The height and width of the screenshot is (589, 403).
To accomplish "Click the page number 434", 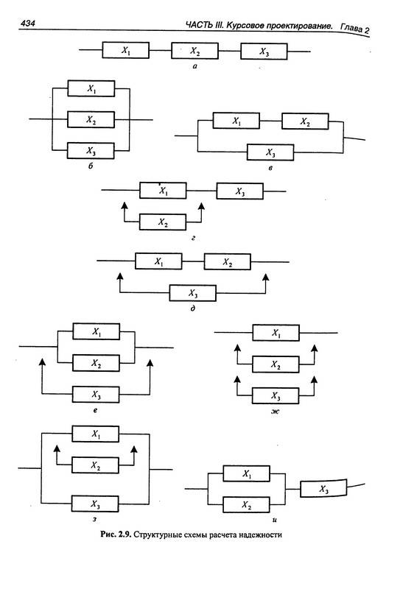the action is coord(27,24).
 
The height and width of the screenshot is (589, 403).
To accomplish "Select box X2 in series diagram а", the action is coord(195,51).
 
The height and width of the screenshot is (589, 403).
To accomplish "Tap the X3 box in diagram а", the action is coord(264,52).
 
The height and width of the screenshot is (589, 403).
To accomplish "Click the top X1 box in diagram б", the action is coord(91,88).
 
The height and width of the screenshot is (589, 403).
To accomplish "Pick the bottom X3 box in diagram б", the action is coord(91,151).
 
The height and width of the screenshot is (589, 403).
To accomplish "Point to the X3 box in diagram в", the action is coord(270,152).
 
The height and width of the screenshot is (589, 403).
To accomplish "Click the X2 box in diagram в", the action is coord(305,121).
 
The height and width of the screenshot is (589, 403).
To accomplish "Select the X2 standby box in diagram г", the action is coord(163,222).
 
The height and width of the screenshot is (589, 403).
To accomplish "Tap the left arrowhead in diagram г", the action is coord(125,205).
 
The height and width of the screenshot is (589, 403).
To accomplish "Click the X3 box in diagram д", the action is coord(193,293).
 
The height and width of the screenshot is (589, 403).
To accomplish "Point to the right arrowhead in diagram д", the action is coord(266,277).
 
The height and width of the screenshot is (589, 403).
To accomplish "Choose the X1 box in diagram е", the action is coord(97,331).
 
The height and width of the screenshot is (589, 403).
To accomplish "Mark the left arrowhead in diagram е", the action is coord(42,362).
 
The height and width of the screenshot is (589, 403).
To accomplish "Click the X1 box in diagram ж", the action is coord(276,333).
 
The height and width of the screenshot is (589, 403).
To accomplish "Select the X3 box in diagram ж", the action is coord(276,396).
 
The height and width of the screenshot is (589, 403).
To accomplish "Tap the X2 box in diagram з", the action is coord(95,465).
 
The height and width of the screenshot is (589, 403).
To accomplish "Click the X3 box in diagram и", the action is coord(323,488).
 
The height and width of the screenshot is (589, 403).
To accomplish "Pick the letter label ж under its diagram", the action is coord(276,412).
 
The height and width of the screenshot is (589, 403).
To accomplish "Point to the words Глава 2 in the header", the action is coord(355,29).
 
